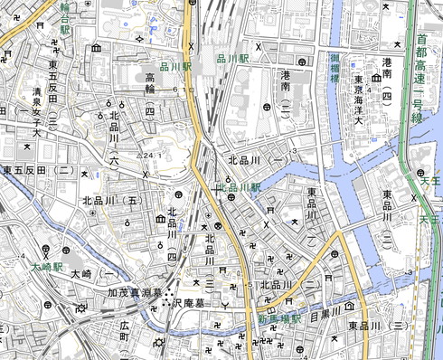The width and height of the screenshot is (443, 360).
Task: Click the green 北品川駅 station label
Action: (x=237, y=187)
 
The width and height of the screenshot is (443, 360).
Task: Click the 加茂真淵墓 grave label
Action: (x=134, y=292)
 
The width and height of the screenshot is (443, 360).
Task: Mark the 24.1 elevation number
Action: (x=148, y=155)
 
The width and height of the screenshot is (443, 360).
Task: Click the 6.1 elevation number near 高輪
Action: (x=186, y=90)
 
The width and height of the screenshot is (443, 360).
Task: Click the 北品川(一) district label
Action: (x=259, y=160)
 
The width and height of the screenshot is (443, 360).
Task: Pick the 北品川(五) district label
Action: (x=112, y=201)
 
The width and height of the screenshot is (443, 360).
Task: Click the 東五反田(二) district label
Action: (x=37, y=170)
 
